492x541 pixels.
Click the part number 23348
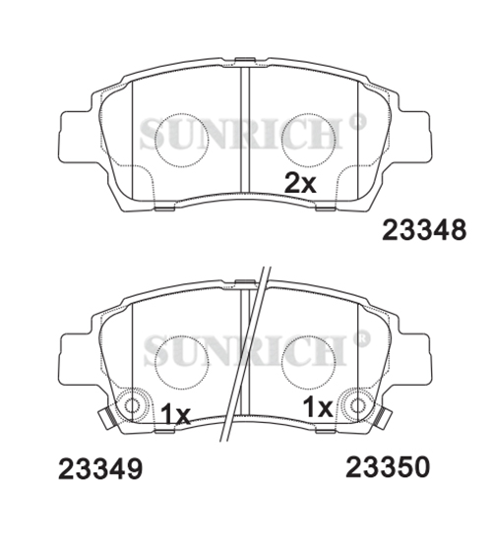(424, 230)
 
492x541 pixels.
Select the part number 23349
(100, 468)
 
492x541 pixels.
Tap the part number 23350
(388, 467)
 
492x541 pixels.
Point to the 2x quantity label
(300, 184)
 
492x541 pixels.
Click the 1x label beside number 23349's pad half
(175, 414)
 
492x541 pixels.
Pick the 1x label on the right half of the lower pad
(318, 407)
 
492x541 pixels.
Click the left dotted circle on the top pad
(182, 140)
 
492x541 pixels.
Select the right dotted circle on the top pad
(309, 140)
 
